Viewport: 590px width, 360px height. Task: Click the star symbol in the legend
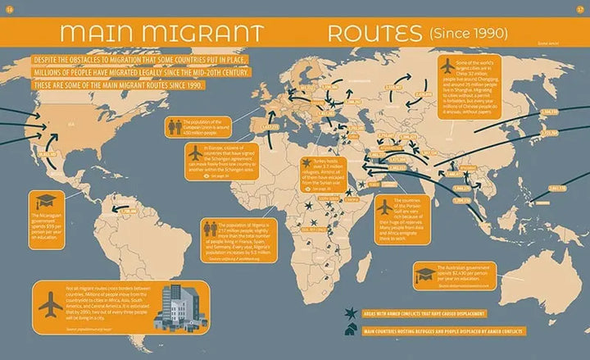pos(351,313)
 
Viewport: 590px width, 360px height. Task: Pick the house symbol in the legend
pos(351,330)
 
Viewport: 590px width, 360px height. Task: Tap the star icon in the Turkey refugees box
pos(307,162)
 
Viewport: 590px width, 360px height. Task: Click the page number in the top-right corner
pos(580,11)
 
